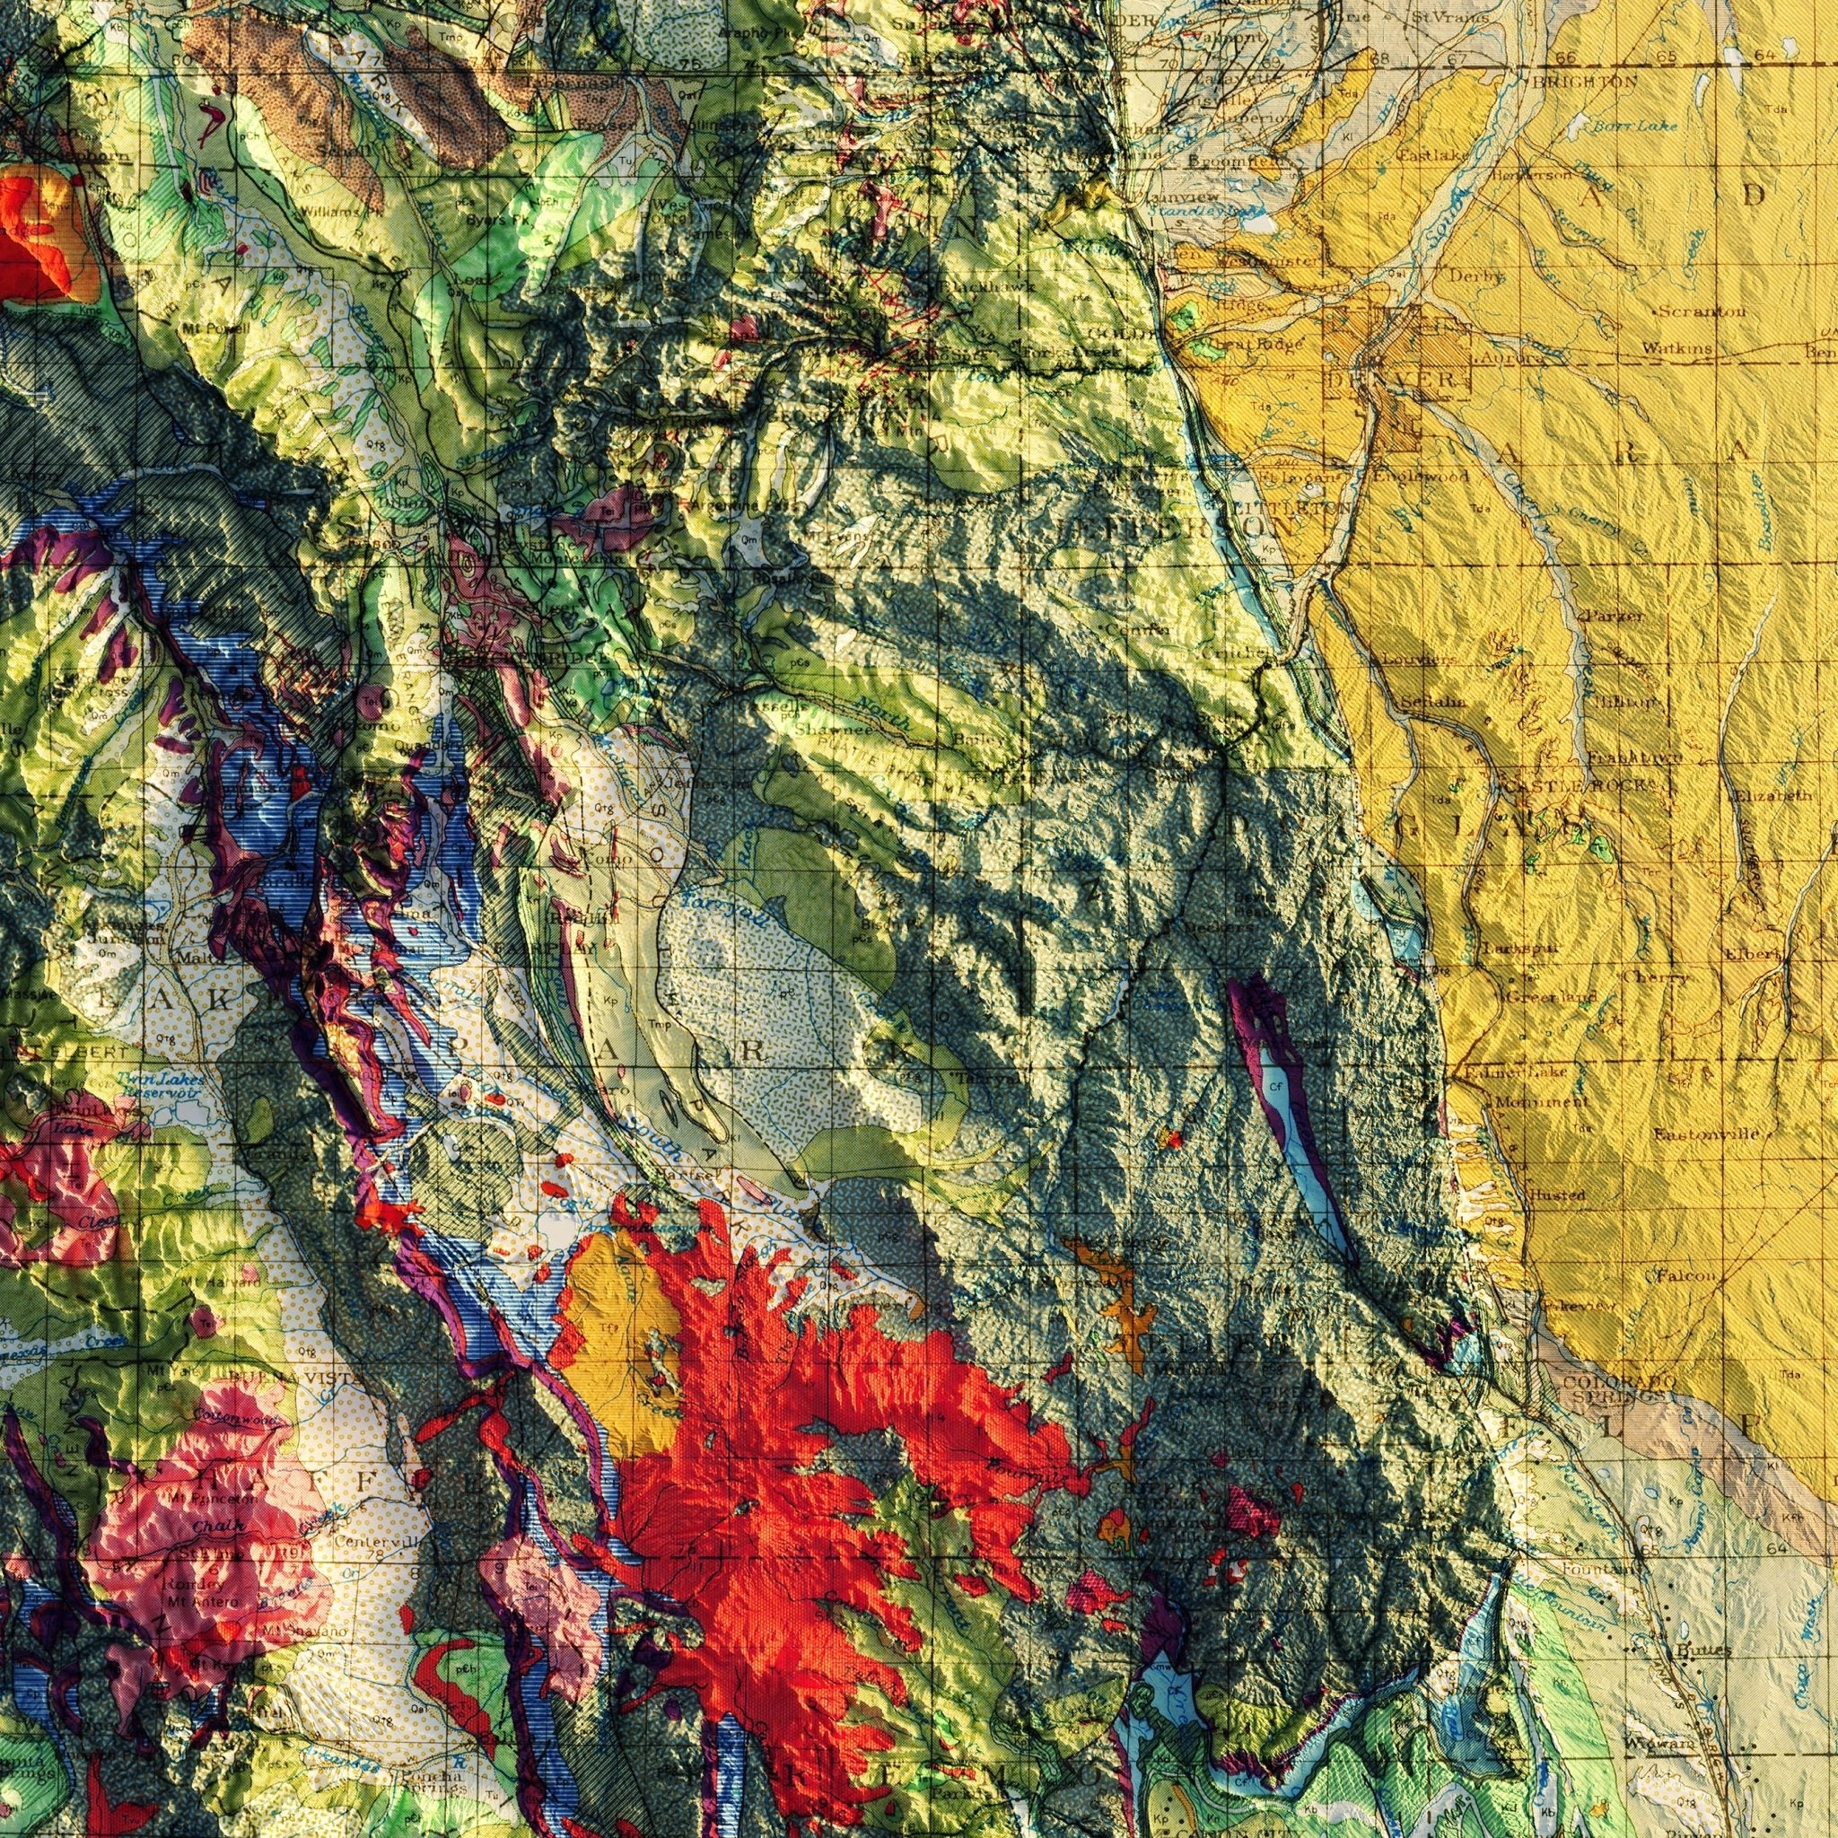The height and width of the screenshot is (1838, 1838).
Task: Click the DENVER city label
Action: click(x=1396, y=380)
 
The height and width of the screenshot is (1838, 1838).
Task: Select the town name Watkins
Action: click(x=1678, y=349)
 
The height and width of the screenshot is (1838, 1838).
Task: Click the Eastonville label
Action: click(x=1712, y=1134)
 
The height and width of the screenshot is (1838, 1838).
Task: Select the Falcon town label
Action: click(x=1685, y=1276)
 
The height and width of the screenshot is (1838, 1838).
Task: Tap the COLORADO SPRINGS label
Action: click(x=1617, y=1388)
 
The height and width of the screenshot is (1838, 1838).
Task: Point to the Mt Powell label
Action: click(x=218, y=328)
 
